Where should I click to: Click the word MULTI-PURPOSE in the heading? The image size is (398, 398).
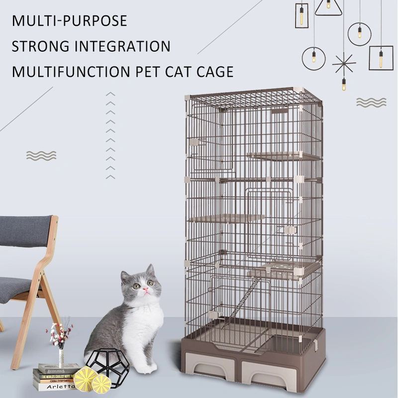point(70,21)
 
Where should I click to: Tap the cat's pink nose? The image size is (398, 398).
point(146,290)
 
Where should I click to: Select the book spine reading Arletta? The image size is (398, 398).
point(54,387)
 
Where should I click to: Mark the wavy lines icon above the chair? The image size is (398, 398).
point(41,156)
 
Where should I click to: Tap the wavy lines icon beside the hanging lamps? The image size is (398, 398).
point(371,102)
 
